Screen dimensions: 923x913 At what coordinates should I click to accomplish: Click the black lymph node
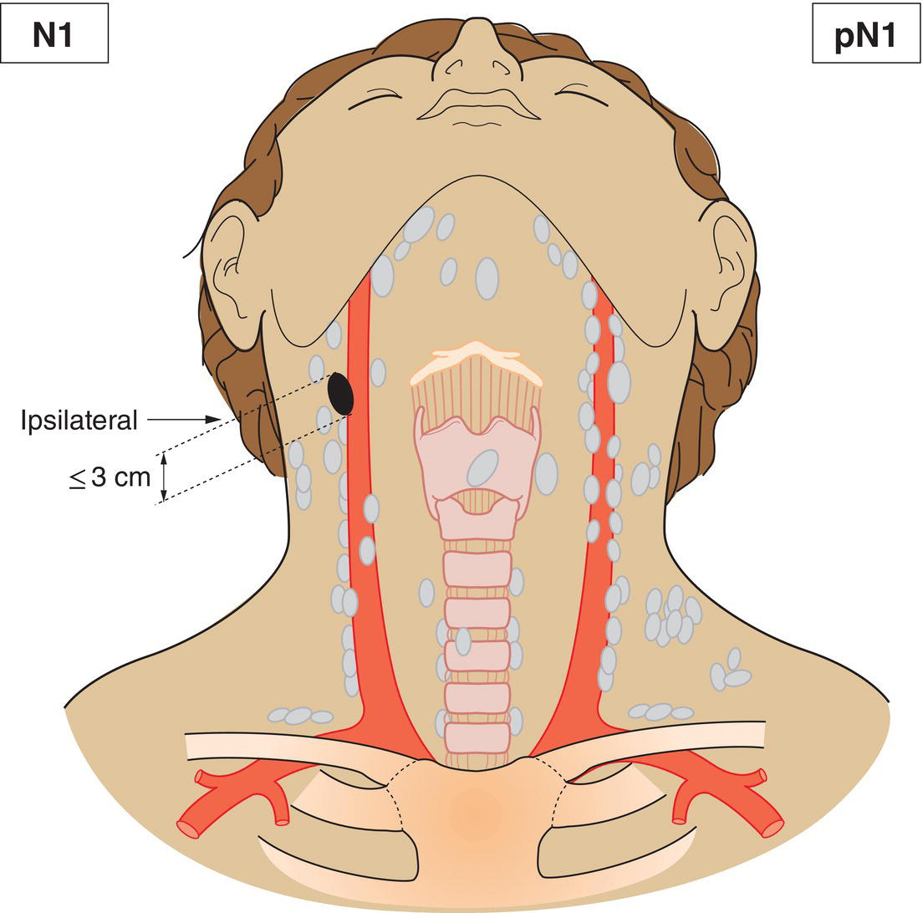(x=341, y=393)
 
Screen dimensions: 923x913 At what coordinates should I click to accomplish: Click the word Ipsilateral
(x=79, y=421)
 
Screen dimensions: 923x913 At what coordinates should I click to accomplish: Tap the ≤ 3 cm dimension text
(x=110, y=477)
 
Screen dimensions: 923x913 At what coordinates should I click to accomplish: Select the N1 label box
(x=54, y=33)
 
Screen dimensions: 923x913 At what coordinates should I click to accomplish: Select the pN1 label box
(x=866, y=33)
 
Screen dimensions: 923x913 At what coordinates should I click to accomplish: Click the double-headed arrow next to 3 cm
(x=165, y=477)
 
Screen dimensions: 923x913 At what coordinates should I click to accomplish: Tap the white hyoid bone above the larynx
(x=477, y=360)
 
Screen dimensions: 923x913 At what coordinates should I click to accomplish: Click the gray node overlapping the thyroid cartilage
(x=483, y=468)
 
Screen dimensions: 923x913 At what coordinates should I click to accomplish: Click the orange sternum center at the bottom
(x=477, y=813)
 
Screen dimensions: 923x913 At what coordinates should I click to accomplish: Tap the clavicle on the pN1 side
(x=647, y=742)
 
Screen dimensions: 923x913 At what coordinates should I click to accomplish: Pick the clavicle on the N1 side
(x=306, y=747)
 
